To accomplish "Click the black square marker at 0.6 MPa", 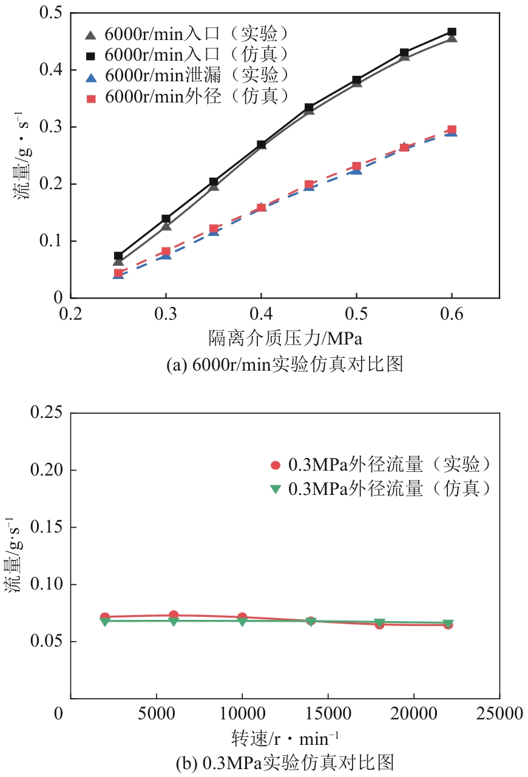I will pos(452,32).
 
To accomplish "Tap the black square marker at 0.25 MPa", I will pos(118,256).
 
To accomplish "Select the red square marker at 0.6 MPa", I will pos(452,130).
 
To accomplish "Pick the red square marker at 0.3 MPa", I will pos(166,251).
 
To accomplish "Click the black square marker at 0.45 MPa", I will pos(309,108).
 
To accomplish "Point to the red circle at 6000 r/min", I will pos(174,615).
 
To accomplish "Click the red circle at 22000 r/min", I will pos(448,624).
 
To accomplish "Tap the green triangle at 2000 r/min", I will pos(105,622).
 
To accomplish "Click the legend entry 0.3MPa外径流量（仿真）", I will pos(388,488).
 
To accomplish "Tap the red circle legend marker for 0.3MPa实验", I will pos(276,466).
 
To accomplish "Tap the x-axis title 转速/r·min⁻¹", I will pos(285,737).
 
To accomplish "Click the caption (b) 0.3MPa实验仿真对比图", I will pos(285,762).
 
